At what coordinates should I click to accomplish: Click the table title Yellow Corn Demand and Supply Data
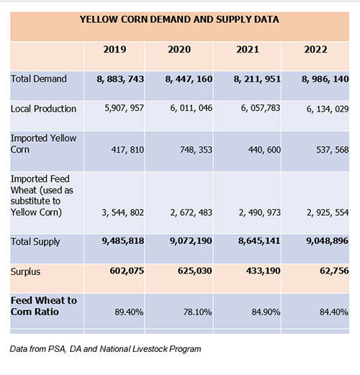click(179, 19)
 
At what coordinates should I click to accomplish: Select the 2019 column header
click(114, 50)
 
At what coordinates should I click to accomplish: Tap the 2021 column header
click(248, 50)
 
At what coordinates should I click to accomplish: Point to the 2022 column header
click(315, 50)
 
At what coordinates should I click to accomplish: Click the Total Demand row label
click(39, 78)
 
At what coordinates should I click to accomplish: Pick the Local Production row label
click(43, 109)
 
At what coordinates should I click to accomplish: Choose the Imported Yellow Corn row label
click(43, 144)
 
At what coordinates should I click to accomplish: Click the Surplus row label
click(25, 272)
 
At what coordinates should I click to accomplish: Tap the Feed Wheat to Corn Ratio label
click(44, 306)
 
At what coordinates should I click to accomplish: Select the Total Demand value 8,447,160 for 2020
click(189, 79)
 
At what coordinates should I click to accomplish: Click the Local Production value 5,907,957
click(124, 108)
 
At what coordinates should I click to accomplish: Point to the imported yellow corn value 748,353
click(196, 150)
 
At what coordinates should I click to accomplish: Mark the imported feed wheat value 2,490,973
click(260, 212)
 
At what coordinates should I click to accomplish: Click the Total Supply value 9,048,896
click(327, 241)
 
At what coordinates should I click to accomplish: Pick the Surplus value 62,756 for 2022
click(334, 271)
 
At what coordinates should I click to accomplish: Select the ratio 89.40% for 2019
click(129, 312)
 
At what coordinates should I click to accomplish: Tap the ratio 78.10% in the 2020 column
click(197, 312)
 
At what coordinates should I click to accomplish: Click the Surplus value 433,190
click(263, 271)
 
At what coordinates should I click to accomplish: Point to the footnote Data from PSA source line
click(105, 349)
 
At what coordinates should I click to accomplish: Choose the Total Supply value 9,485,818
click(123, 241)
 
